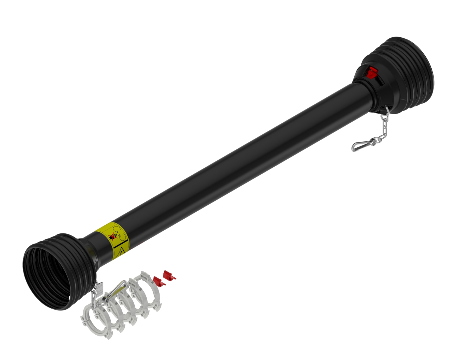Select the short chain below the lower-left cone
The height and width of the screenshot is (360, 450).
click(x=94, y=297)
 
